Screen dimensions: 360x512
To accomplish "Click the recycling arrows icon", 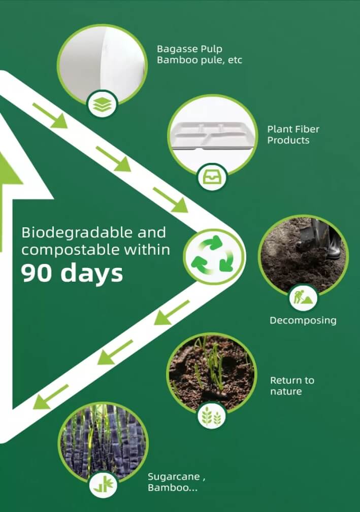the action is (x=213, y=256).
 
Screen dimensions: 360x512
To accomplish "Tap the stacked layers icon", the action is (x=102, y=104).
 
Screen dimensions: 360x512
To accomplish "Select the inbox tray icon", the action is (x=212, y=177).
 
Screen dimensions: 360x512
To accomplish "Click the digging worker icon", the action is (x=303, y=297).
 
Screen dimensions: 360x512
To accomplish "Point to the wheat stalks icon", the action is (x=211, y=416).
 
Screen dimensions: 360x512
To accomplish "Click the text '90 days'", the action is (x=72, y=273).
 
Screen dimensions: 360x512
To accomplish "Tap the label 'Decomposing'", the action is (x=303, y=320).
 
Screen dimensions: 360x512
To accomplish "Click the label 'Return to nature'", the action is (x=292, y=386).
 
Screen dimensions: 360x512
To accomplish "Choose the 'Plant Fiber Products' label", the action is (x=293, y=134).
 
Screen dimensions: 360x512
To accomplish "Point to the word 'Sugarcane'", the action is (x=174, y=477).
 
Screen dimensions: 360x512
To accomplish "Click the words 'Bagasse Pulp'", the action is (x=189, y=49).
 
